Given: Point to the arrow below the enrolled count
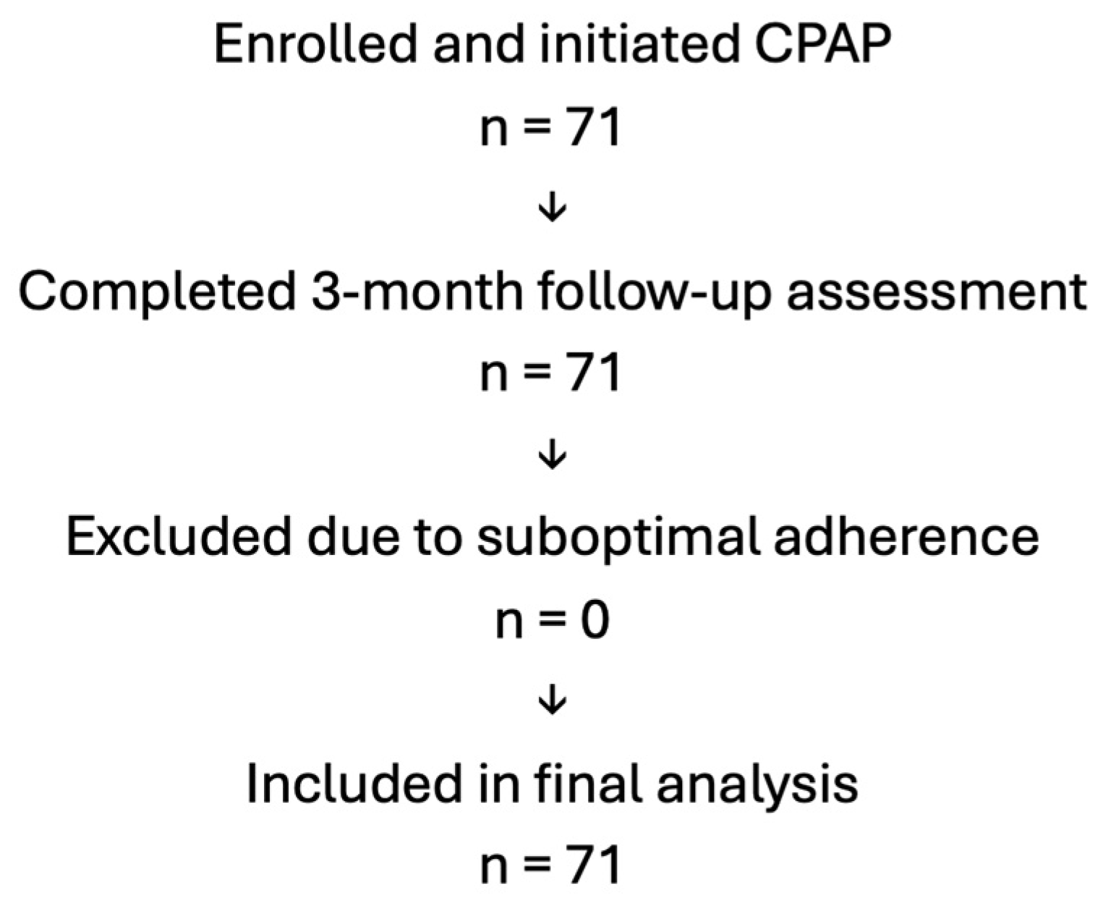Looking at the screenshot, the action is click(x=553, y=209).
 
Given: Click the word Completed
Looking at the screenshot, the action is click(x=158, y=294).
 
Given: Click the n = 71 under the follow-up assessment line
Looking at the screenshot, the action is click(x=551, y=372).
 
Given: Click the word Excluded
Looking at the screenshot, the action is click(x=179, y=538).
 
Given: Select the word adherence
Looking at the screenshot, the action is click(x=906, y=538).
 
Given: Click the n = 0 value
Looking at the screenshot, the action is click(x=552, y=619).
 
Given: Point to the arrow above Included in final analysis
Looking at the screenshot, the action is click(x=553, y=700).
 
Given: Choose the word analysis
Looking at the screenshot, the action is click(x=757, y=786).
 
